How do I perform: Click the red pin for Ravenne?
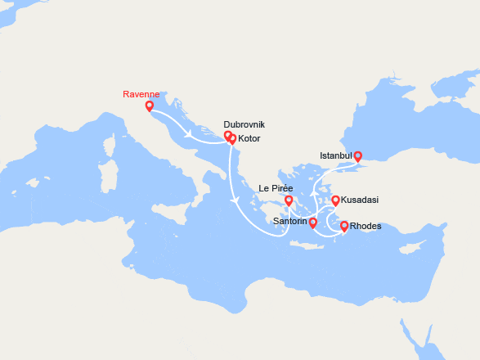[x=149, y=106]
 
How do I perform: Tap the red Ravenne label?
[x=141, y=94]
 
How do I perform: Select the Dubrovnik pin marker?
[x=227, y=136]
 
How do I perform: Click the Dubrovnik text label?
[x=244, y=125]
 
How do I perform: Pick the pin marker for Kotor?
[x=232, y=138]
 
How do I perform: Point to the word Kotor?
[x=250, y=139]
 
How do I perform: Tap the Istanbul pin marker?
[x=357, y=155]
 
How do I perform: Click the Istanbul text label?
[x=334, y=155]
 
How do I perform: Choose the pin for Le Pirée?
[x=288, y=200]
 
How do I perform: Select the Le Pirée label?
[x=276, y=189]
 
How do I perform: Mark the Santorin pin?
[x=312, y=222]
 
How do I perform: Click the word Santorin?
[x=290, y=222]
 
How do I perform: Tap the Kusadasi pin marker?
[x=334, y=200]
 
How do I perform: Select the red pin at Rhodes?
[x=343, y=226]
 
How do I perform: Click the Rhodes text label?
[x=365, y=227]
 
